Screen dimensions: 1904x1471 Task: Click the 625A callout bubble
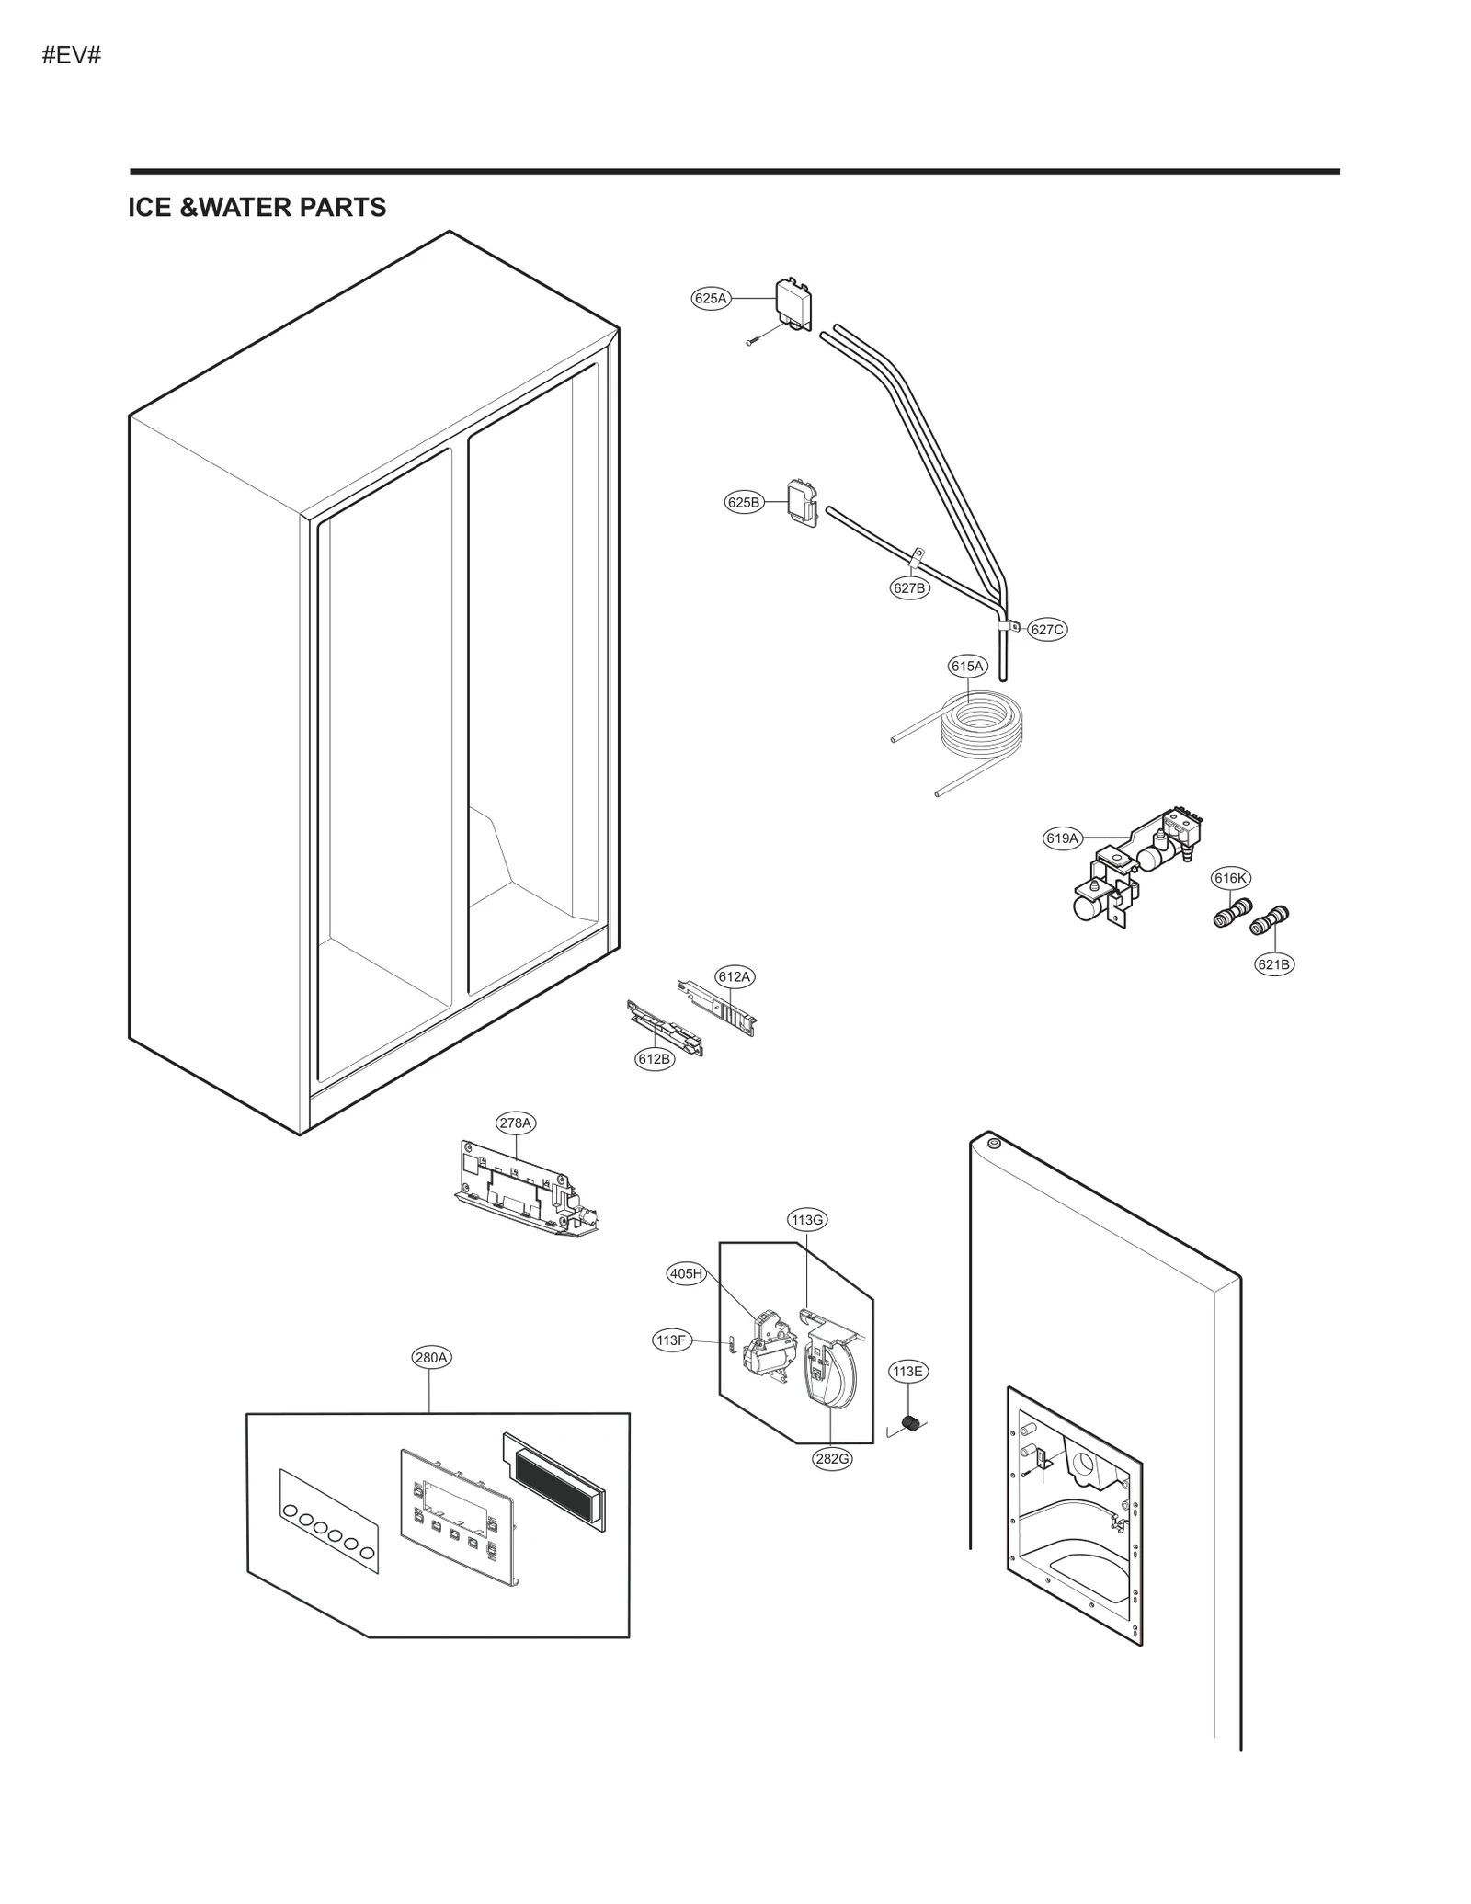click(710, 298)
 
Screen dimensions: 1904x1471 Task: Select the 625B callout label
click(744, 502)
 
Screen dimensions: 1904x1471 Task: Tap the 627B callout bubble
click(909, 587)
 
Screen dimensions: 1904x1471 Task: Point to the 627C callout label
click(1046, 630)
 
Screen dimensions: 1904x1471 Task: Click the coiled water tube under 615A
click(979, 726)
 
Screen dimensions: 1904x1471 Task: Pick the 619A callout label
click(1062, 838)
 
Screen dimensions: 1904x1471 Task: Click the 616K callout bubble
click(1230, 878)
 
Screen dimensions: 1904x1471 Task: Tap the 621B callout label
click(1273, 964)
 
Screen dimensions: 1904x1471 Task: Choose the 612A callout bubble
click(734, 976)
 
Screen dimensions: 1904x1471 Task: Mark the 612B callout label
click(655, 1058)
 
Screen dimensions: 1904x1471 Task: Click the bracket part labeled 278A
click(524, 1191)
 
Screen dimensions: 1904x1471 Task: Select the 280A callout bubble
click(431, 1357)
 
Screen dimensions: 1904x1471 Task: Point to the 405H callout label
click(686, 1273)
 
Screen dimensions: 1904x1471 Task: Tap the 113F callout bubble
click(671, 1340)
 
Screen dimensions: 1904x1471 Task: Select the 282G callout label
click(831, 1458)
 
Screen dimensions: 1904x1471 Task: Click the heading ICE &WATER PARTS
click(257, 208)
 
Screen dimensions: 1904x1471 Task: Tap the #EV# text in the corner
click(71, 55)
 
